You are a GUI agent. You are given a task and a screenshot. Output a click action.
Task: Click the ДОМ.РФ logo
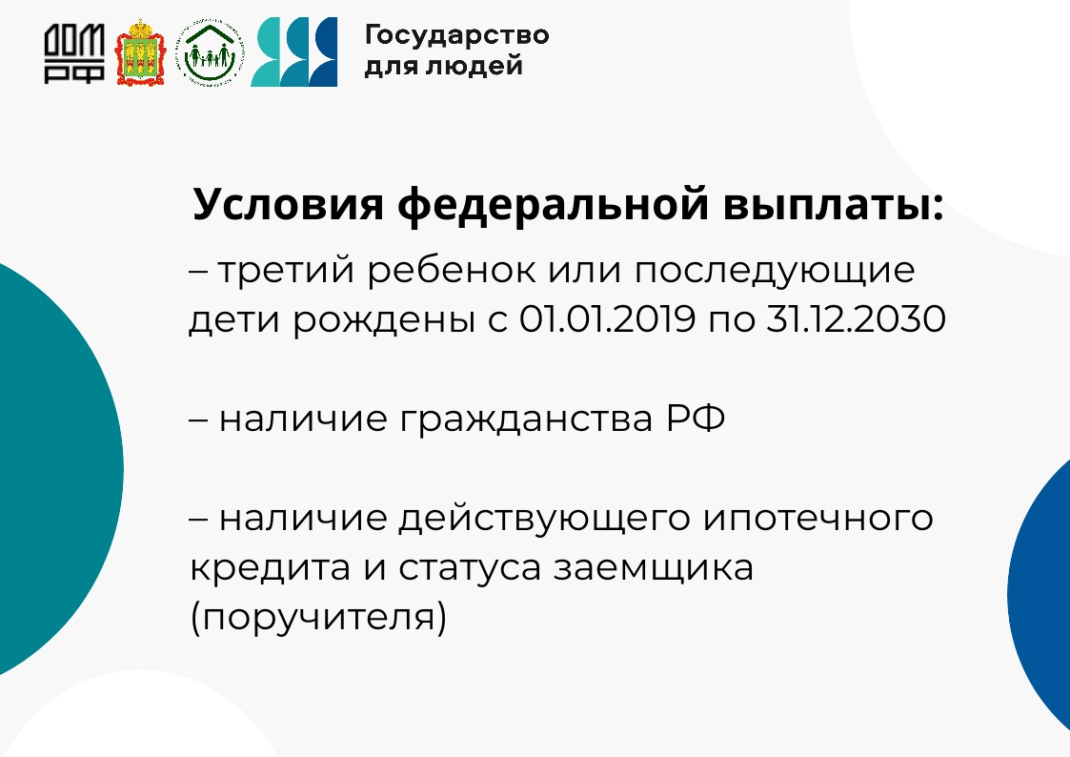pyautogui.click(x=74, y=54)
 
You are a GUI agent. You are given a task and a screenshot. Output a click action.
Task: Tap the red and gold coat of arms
pyautogui.click(x=140, y=52)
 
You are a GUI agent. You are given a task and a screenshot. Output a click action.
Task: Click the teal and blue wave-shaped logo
pyautogui.click(x=294, y=51)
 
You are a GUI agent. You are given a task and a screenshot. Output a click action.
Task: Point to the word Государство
pyautogui.click(x=456, y=35)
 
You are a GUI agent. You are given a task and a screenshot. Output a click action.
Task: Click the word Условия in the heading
pyautogui.click(x=288, y=204)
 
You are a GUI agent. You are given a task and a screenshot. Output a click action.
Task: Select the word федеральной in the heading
pyautogui.click(x=554, y=204)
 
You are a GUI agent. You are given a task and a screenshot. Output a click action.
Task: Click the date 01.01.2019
pyautogui.click(x=607, y=318)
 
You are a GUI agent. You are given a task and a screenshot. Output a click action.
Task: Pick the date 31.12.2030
pyautogui.click(x=857, y=318)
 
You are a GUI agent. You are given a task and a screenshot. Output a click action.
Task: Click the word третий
pyautogui.click(x=287, y=271)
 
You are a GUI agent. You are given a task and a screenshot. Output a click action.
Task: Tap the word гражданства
pyautogui.click(x=526, y=419)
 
